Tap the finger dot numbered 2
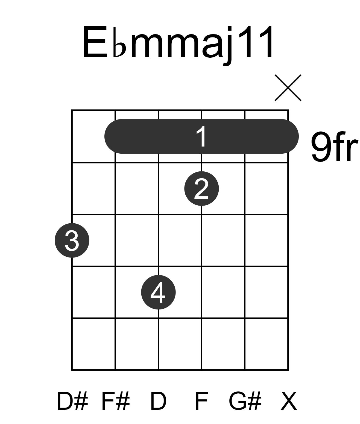coord(201,189)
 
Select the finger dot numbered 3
coord(72,240)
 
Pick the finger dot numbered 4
coord(158,292)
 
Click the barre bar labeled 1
coord(201,136)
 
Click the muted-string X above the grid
coord(288,88)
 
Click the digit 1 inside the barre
coord(201,136)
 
